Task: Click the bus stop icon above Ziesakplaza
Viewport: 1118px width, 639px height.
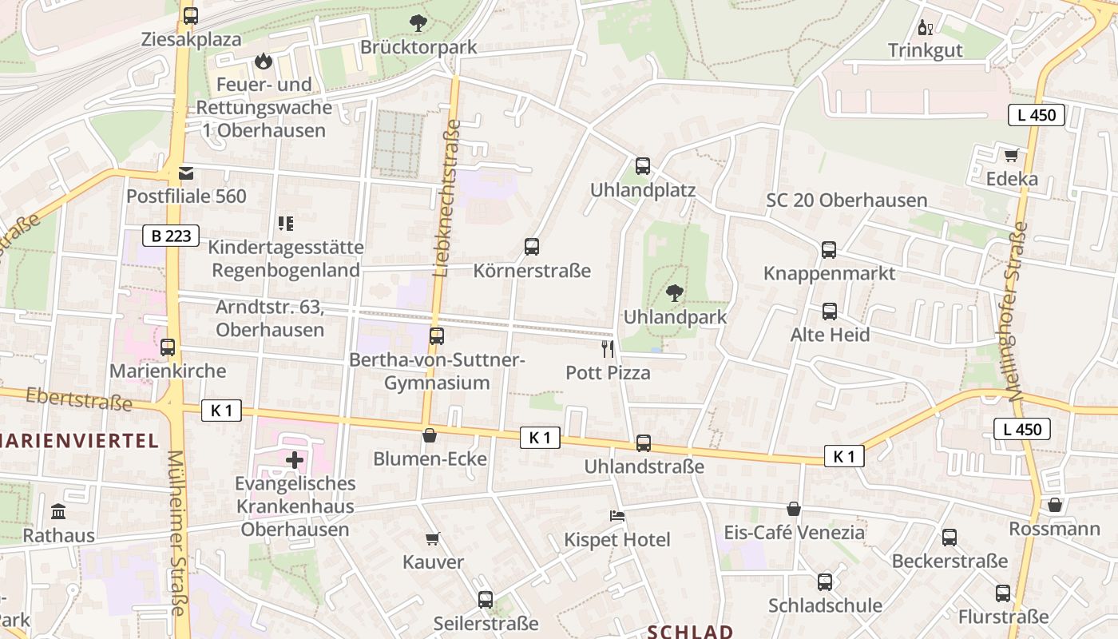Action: click(190, 15)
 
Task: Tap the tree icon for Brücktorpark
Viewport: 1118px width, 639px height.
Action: click(418, 23)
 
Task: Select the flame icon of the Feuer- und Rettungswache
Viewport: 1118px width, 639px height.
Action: click(263, 61)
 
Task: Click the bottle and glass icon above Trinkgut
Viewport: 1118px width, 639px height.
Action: click(926, 28)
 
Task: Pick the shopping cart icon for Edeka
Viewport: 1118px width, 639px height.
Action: click(1011, 156)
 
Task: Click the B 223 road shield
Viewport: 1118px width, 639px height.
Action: click(171, 236)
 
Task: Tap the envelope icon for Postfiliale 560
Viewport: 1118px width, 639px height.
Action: click(186, 173)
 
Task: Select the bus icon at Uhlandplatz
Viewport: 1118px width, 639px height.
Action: click(643, 166)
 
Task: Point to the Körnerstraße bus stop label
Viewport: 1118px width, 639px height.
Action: click(532, 271)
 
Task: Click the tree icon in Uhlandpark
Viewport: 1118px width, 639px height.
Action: click(675, 293)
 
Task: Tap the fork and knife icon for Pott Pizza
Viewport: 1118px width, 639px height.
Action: click(608, 349)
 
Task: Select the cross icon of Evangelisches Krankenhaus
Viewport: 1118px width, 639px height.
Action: click(295, 459)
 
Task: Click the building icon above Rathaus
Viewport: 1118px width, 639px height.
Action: click(58, 511)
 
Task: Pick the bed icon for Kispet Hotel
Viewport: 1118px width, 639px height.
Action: click(617, 516)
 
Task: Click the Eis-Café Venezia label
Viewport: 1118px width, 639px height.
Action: click(794, 532)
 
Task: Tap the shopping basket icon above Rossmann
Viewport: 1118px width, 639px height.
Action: click(1054, 505)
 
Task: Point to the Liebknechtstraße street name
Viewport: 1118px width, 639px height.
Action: click(446, 198)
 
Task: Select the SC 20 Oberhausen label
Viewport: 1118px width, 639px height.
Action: click(846, 200)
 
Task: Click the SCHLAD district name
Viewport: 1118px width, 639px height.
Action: click(690, 632)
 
